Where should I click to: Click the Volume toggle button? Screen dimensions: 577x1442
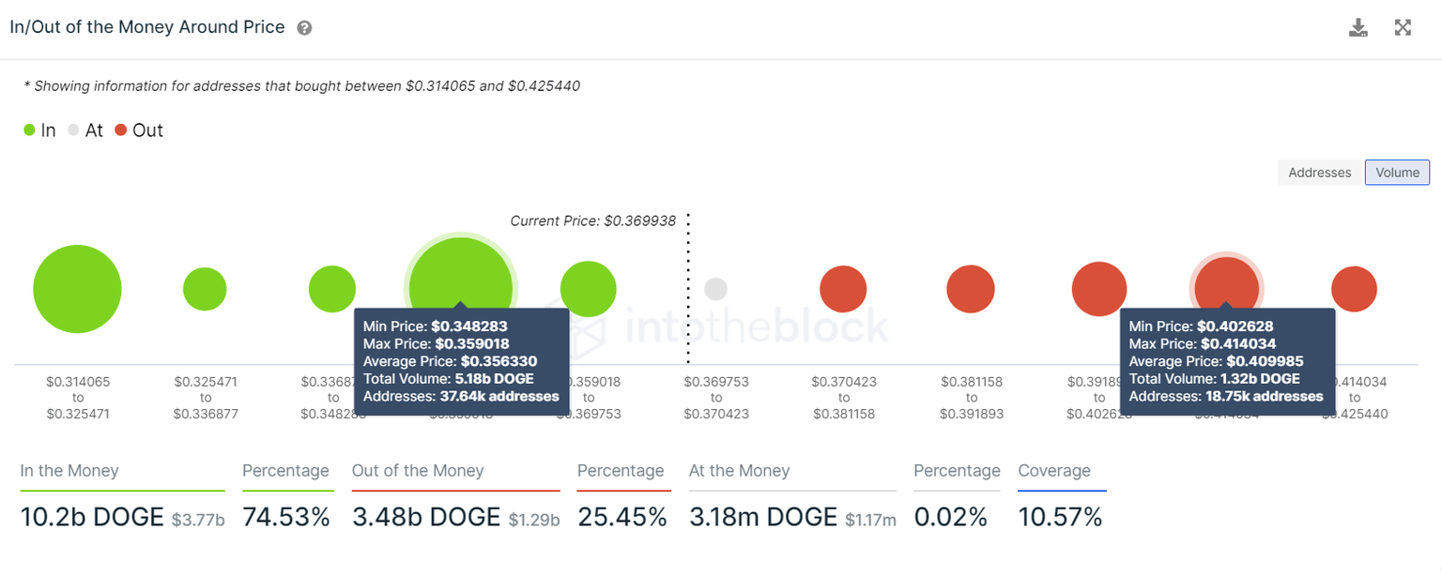pyautogui.click(x=1397, y=173)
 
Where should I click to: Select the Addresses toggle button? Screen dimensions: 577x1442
pyautogui.click(x=1319, y=173)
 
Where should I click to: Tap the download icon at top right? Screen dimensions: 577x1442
pyautogui.click(x=1358, y=27)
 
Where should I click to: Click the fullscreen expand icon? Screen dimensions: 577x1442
pyautogui.click(x=1403, y=27)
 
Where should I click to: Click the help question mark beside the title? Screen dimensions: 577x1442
pyautogui.click(x=304, y=28)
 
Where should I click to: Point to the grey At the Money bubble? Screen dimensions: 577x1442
pyautogui.click(x=715, y=289)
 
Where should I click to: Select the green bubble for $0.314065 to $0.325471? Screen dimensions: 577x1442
pyautogui.click(x=77, y=289)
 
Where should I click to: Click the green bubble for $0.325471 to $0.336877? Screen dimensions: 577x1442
pyautogui.click(x=205, y=289)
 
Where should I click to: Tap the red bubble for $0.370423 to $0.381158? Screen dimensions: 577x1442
pyautogui.click(x=843, y=289)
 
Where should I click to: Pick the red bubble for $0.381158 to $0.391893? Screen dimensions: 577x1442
pyautogui.click(x=970, y=289)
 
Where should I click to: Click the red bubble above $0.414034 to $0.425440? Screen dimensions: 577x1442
pyautogui.click(x=1354, y=289)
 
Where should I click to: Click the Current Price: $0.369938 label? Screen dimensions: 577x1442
pyautogui.click(x=592, y=221)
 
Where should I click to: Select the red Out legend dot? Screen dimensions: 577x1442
pyautogui.click(x=120, y=130)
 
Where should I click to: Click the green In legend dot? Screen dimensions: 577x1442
pyautogui.click(x=30, y=130)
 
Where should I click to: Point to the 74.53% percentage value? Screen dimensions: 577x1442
pyautogui.click(x=286, y=516)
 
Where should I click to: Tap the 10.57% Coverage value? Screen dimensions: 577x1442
pyautogui.click(x=1060, y=516)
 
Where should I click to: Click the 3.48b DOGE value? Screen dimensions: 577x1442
pyautogui.click(x=425, y=516)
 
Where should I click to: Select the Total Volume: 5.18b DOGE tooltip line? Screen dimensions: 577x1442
pyautogui.click(x=448, y=379)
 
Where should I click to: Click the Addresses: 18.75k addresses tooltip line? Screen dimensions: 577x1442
pyautogui.click(x=1225, y=396)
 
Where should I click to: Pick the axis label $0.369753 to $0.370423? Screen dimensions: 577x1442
pyautogui.click(x=715, y=398)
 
